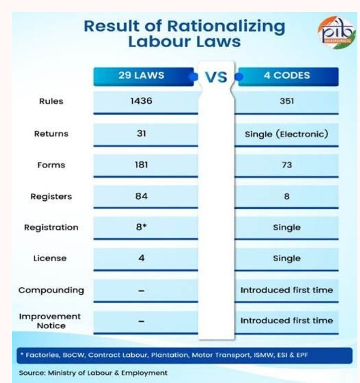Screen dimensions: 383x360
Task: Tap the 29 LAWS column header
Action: click(144, 76)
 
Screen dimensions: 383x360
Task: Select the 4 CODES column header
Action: click(287, 76)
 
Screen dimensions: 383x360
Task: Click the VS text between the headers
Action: click(216, 78)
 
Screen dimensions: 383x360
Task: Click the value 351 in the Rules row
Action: click(287, 101)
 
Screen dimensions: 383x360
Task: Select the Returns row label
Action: click(51, 134)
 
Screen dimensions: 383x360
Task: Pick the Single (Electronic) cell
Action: click(287, 134)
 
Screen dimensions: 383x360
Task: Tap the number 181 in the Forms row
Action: click(141, 165)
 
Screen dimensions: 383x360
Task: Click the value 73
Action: click(287, 165)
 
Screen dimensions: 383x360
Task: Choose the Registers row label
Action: click(51, 196)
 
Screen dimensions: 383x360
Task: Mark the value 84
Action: click(141, 196)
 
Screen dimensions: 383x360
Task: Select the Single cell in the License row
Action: click(287, 258)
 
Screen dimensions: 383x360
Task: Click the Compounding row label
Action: click(51, 290)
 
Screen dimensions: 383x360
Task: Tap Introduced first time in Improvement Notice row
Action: click(287, 321)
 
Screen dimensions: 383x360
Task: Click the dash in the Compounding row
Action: click(141, 291)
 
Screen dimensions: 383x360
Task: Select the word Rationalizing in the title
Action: click(226, 27)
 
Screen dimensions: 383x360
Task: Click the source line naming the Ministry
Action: click(93, 373)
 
